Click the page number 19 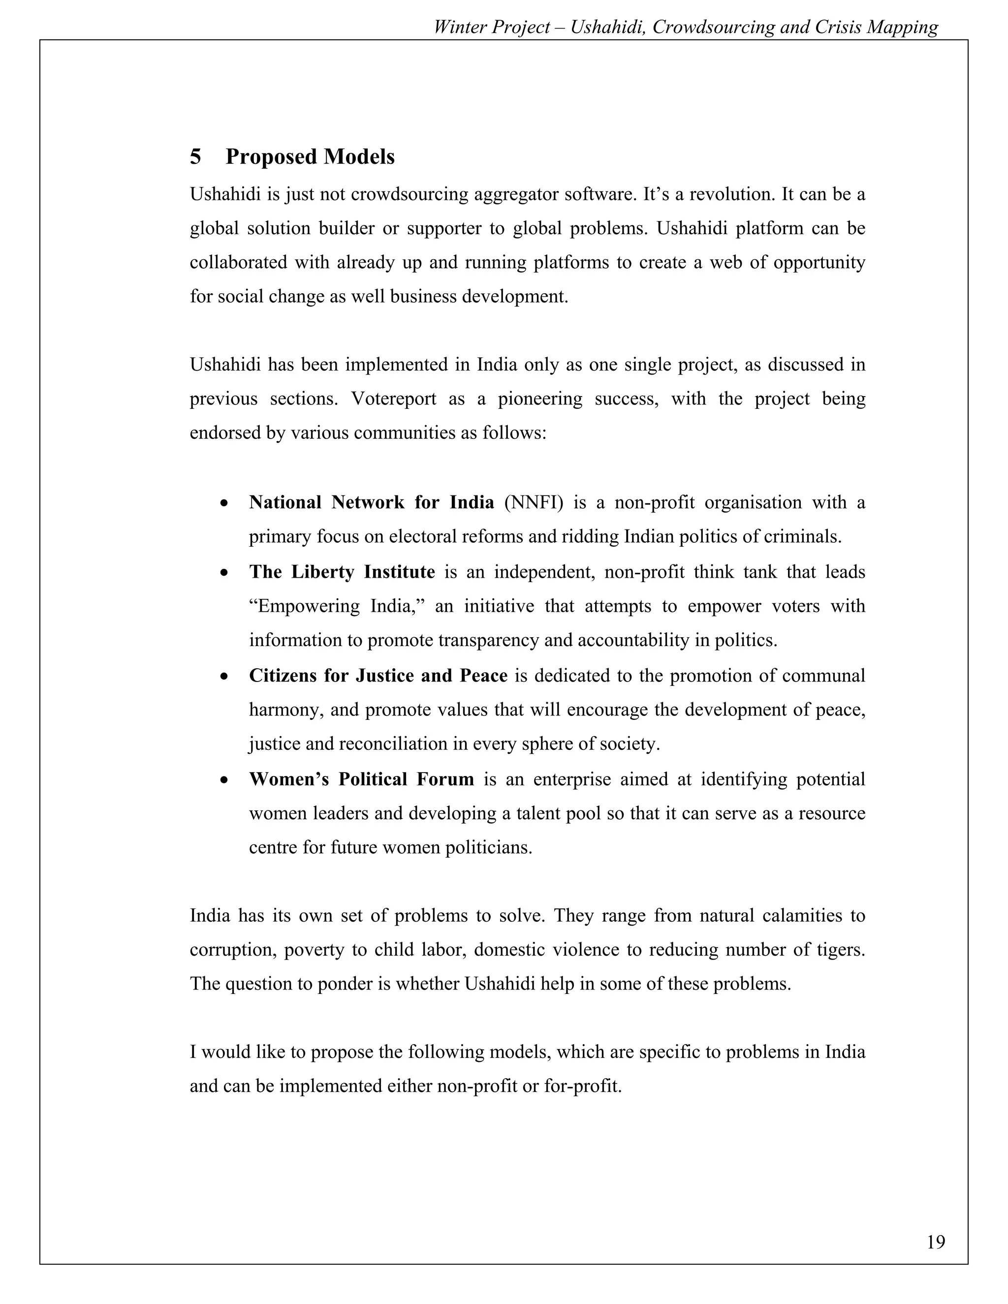[936, 1242]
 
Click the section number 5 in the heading [195, 157]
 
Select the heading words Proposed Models [310, 157]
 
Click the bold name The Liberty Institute [342, 572]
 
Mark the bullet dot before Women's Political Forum [224, 780]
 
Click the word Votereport [394, 398]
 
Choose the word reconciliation [404, 744]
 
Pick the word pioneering [540, 398]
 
